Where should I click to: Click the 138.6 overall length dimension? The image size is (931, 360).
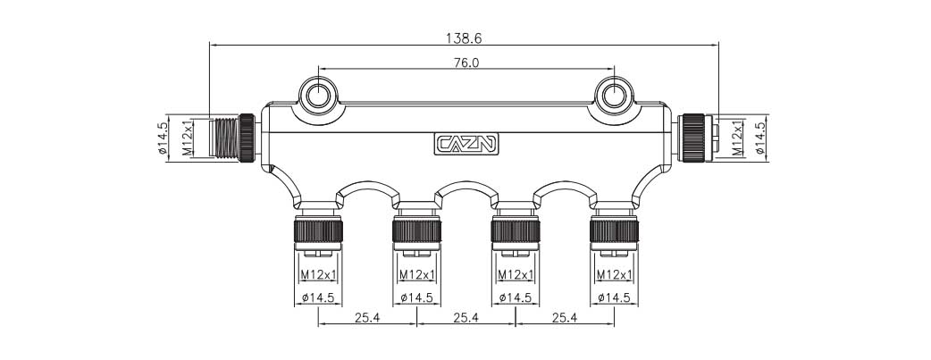463,38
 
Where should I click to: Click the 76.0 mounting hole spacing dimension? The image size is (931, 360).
465,63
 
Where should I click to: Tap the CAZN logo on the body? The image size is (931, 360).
466,144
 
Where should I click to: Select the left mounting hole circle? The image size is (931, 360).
318,96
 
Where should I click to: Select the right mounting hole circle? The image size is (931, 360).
614,96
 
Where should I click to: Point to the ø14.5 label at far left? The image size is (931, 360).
163,138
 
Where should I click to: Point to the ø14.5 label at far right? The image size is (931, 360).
760,138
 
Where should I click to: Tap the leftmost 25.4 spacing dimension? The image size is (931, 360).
366,316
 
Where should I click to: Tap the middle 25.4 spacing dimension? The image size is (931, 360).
465,316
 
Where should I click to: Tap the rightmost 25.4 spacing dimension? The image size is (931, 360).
565,316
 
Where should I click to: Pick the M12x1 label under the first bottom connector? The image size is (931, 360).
317,274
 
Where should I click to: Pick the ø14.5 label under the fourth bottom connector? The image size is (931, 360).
614,297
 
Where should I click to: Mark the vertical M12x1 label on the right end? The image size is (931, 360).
737,138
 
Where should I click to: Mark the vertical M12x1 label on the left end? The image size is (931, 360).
188,138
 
